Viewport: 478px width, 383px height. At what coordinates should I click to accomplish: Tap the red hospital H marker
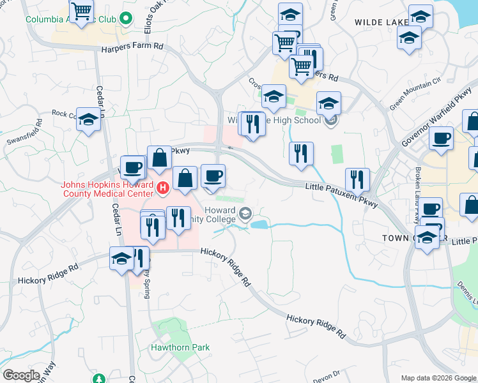click(x=163, y=188)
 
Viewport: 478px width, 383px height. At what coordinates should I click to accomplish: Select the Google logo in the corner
click(x=22, y=375)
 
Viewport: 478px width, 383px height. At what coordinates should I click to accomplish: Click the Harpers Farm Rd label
click(x=132, y=47)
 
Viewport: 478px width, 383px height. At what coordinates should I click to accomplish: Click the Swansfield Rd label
click(x=24, y=130)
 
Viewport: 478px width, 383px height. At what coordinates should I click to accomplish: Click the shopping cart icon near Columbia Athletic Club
click(x=82, y=10)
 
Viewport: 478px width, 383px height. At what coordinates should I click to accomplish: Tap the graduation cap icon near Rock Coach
click(x=89, y=119)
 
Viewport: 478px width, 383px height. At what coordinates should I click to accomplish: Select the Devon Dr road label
click(x=327, y=377)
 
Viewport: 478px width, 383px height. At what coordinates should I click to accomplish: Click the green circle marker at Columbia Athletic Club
click(x=126, y=19)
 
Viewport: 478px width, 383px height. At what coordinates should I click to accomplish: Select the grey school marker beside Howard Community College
click(x=245, y=215)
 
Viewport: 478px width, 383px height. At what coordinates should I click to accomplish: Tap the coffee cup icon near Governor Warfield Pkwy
click(x=441, y=138)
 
